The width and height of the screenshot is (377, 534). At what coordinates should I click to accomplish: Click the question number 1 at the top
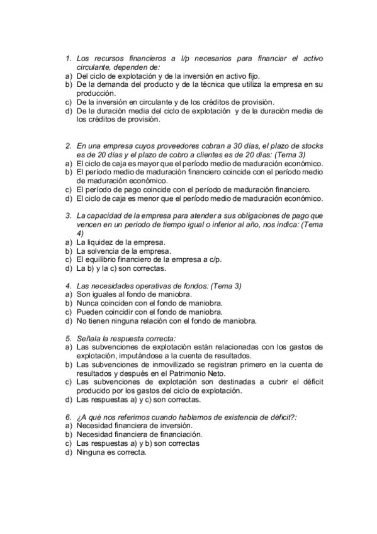tap(69, 59)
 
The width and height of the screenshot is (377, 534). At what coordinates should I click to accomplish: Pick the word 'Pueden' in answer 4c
tap(90, 311)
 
